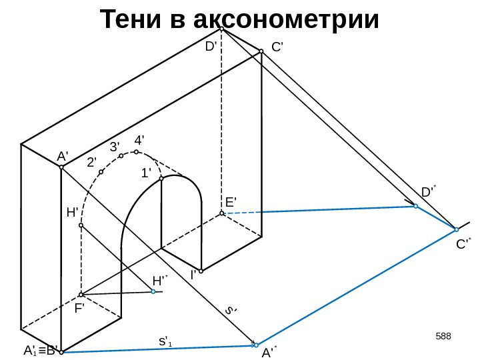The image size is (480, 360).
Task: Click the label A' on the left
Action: click(x=63, y=156)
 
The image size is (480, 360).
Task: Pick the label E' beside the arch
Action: click(x=231, y=202)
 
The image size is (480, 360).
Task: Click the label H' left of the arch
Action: click(x=73, y=213)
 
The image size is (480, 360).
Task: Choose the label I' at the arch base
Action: click(x=194, y=274)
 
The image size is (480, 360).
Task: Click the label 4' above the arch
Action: click(x=140, y=141)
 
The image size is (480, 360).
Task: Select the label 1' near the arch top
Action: click(x=146, y=173)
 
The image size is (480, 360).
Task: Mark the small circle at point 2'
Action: click(x=101, y=172)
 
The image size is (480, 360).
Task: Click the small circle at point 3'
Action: click(x=121, y=156)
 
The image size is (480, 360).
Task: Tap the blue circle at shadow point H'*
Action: click(x=153, y=291)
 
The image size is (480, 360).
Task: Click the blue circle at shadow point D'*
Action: click(x=415, y=207)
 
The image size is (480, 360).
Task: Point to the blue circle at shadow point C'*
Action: click(x=457, y=229)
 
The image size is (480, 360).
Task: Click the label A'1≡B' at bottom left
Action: click(x=40, y=351)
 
